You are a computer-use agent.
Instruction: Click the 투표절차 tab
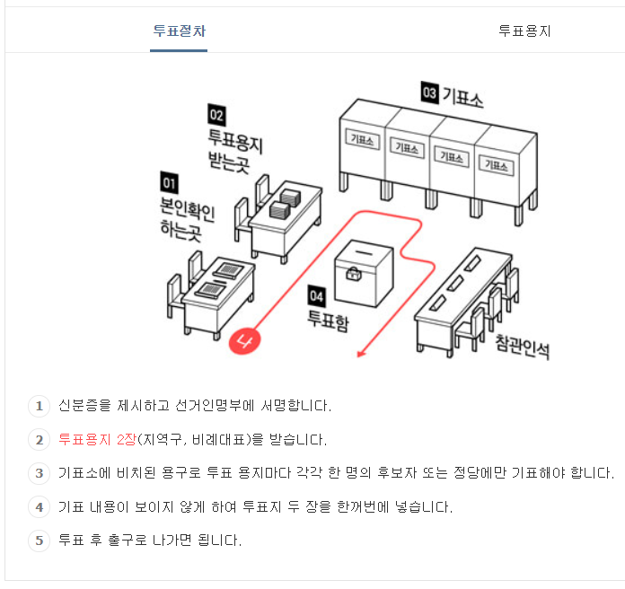[x=179, y=31]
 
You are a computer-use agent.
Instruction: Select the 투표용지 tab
[x=524, y=31]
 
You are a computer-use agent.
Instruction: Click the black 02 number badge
[x=216, y=115]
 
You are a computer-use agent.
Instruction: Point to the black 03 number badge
[x=429, y=92]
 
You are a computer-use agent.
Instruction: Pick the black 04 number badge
[x=316, y=294]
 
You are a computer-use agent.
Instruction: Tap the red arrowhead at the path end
[x=362, y=354]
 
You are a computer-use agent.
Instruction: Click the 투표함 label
[x=328, y=320]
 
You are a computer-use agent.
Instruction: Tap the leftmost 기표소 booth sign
[x=364, y=140]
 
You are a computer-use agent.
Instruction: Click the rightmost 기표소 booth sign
[x=495, y=163]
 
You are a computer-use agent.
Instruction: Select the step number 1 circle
[x=39, y=407]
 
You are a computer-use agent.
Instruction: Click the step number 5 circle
[x=39, y=541]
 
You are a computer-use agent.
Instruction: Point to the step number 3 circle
[x=39, y=473]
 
